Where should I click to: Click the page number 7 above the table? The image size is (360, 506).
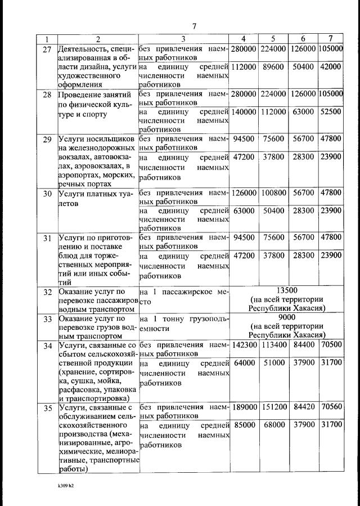(193, 26)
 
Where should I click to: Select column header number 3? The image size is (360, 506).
(183, 39)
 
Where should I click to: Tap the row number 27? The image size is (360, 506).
(47, 49)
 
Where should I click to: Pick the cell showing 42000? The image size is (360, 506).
(331, 66)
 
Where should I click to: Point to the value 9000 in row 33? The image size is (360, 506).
(287, 316)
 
